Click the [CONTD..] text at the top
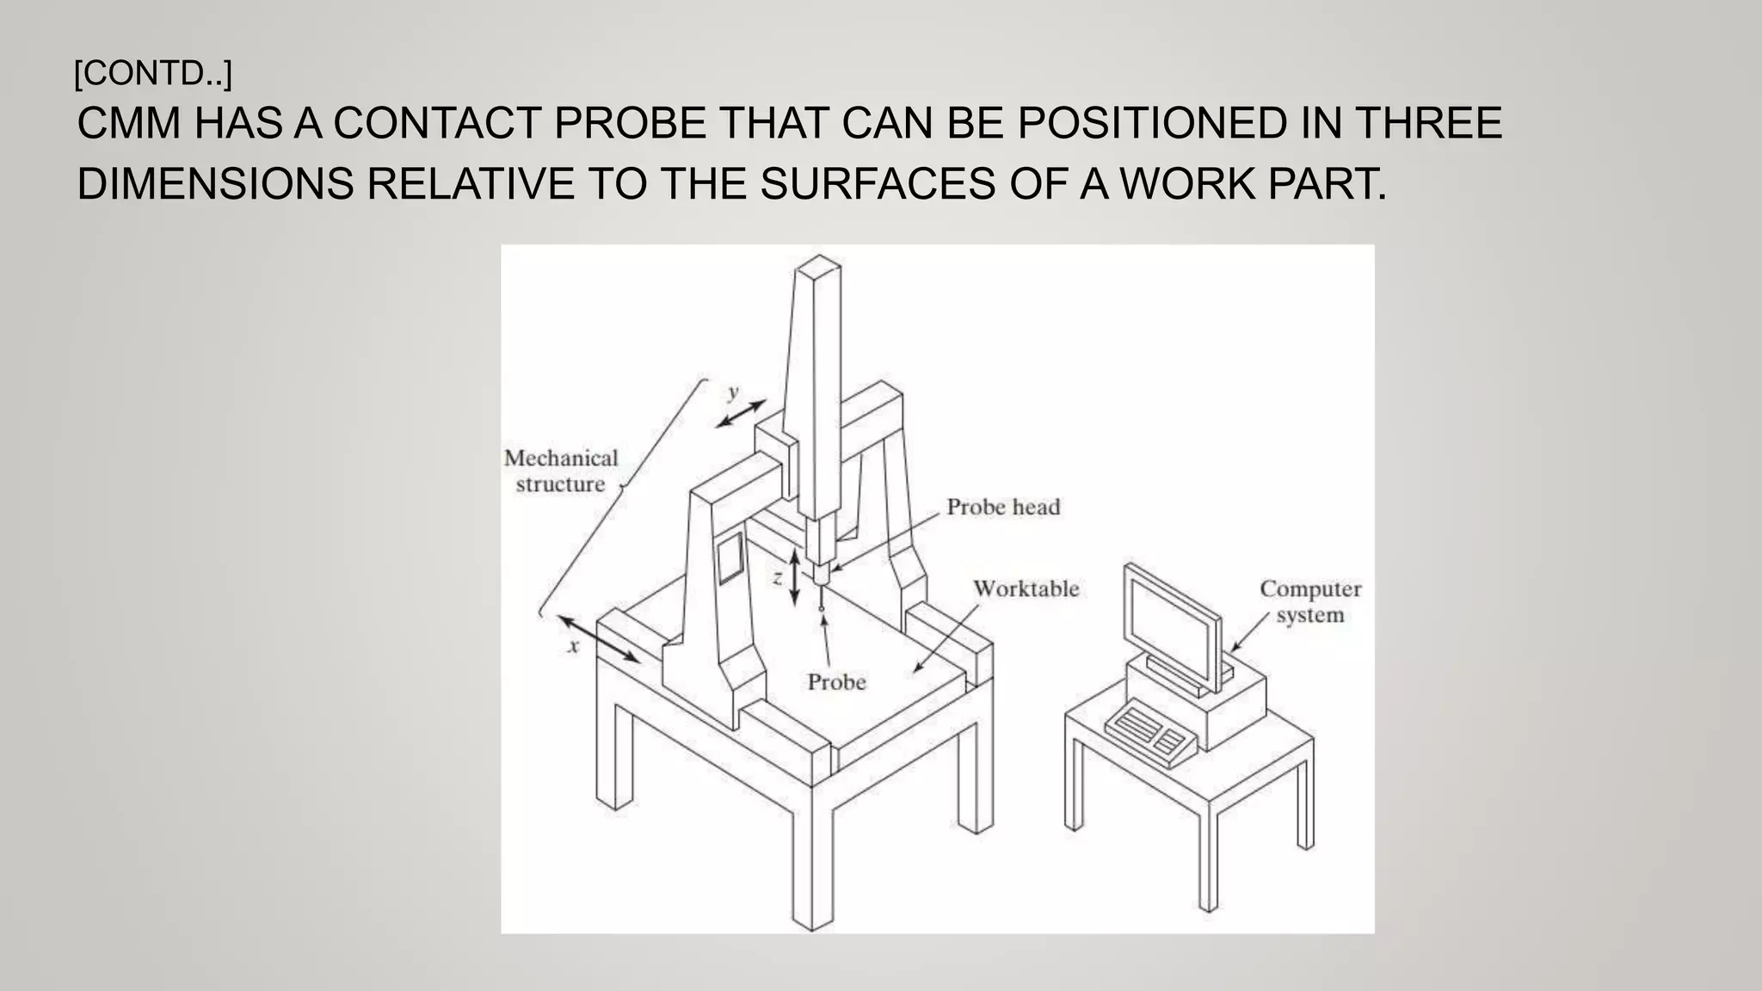coord(153,74)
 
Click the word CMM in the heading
coord(129,123)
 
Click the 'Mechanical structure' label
coord(561,471)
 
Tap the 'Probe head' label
coord(1003,507)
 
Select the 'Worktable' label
coord(1026,588)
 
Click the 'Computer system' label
coord(1309,601)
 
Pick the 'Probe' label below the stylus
coord(836,682)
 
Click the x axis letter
coord(574,645)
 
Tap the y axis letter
coord(733,392)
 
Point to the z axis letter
coord(777,577)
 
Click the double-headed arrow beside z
coord(795,577)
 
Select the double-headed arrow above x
coord(599,638)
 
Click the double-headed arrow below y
coord(741,414)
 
